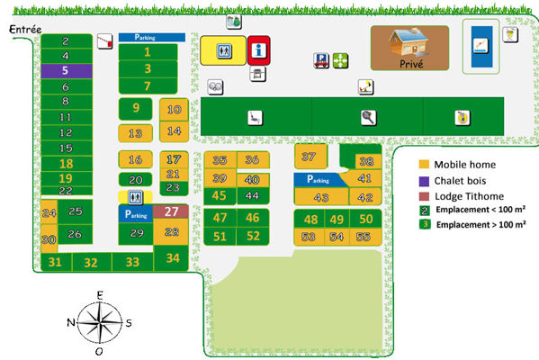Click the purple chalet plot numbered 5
(66, 70)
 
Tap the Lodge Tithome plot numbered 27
(171, 212)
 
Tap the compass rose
(101, 321)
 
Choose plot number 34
(173, 258)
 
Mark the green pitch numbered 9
(136, 108)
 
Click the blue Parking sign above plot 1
(152, 38)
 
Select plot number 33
(133, 262)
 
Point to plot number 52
(253, 236)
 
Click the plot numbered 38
(365, 162)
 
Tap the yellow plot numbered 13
(136, 134)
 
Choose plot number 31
(56, 262)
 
